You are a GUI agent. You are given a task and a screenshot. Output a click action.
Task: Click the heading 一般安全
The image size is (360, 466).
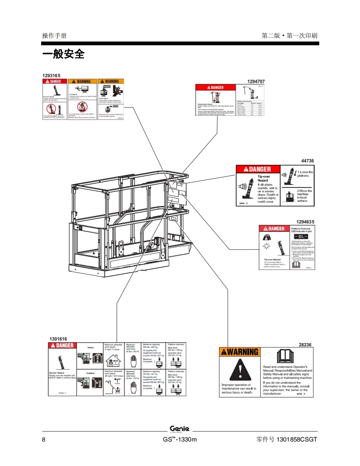(x=63, y=54)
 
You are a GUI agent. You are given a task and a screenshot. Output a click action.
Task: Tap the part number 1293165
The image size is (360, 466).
(x=51, y=75)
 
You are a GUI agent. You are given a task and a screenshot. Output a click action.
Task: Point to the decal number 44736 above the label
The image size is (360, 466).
(x=307, y=161)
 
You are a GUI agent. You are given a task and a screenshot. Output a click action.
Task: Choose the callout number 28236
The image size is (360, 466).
(x=305, y=344)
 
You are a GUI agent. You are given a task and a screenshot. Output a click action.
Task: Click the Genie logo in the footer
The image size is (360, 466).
(x=180, y=429)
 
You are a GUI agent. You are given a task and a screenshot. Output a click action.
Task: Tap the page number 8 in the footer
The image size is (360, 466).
(x=44, y=439)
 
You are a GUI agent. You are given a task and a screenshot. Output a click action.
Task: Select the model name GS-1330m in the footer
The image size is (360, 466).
(x=180, y=439)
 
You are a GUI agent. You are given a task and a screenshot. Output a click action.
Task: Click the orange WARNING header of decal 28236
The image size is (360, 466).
(x=239, y=352)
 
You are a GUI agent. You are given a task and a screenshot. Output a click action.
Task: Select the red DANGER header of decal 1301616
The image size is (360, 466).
(x=62, y=346)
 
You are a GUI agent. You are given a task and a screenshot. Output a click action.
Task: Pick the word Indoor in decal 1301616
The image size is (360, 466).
(x=91, y=347)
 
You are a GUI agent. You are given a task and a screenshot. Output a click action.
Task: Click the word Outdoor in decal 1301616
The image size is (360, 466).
(x=91, y=373)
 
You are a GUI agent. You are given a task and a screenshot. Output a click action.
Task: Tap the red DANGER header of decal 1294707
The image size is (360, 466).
(x=215, y=87)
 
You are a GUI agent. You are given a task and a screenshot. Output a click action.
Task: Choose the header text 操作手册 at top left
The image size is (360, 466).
(x=54, y=35)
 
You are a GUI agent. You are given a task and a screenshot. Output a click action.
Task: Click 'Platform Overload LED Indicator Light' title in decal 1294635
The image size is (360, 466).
(x=301, y=230)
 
